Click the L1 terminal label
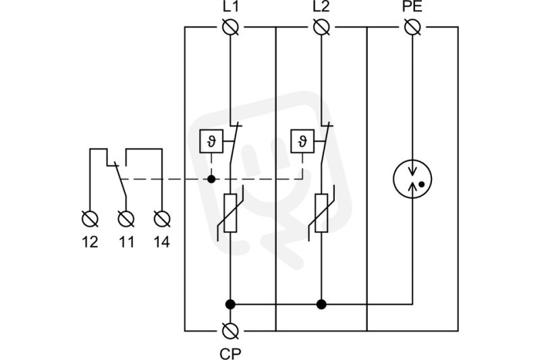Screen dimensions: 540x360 pyautogui.click(x=230, y=6)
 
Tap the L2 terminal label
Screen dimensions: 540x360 pyautogui.click(x=321, y=6)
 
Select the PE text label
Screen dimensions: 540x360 pyautogui.click(x=412, y=6)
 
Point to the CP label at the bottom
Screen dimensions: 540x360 pyautogui.click(x=230, y=353)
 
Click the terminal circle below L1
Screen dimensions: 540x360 pyautogui.click(x=230, y=27)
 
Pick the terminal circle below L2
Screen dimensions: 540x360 pyautogui.click(x=321, y=27)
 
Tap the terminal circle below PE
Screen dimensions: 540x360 pyautogui.click(x=412, y=27)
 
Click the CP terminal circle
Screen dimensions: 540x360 pyautogui.click(x=230, y=331)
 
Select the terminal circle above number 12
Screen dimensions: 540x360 pyautogui.click(x=90, y=219)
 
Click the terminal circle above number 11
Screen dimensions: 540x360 pyautogui.click(x=126, y=219)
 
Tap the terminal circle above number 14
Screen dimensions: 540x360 pyautogui.click(x=162, y=219)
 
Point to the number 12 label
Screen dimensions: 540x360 pyautogui.click(x=90, y=242)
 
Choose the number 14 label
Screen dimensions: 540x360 pyautogui.click(x=162, y=242)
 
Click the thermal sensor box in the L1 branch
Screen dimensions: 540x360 pyautogui.click(x=211, y=141)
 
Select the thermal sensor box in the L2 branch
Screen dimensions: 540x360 pyautogui.click(x=302, y=141)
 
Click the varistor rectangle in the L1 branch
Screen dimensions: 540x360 pyautogui.click(x=230, y=213)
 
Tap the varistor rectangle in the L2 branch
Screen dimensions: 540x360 pyautogui.click(x=321, y=213)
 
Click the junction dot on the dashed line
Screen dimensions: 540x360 pyautogui.click(x=211, y=179)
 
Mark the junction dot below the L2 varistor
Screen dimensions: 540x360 pyautogui.click(x=321, y=304)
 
